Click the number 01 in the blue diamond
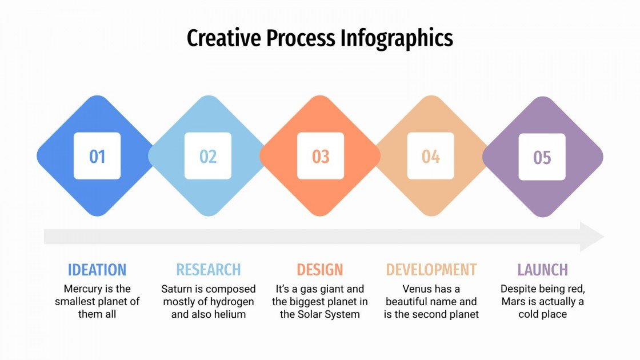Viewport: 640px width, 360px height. point(97,156)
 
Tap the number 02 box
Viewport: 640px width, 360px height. point(208,156)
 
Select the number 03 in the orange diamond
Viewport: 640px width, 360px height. point(321,156)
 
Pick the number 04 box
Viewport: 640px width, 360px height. point(431,156)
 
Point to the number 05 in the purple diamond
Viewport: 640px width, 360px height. point(542,157)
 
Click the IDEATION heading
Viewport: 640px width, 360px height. point(97,270)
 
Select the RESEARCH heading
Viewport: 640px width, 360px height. point(209,270)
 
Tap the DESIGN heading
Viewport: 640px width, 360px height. point(320,270)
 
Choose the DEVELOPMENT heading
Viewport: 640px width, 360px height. point(431,270)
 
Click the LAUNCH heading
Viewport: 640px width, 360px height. point(543,270)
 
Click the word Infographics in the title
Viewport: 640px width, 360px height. point(397,38)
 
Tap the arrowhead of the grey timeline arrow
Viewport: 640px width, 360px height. point(592,237)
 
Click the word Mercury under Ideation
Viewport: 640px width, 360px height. point(83,289)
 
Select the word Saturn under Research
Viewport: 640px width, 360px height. point(177,289)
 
